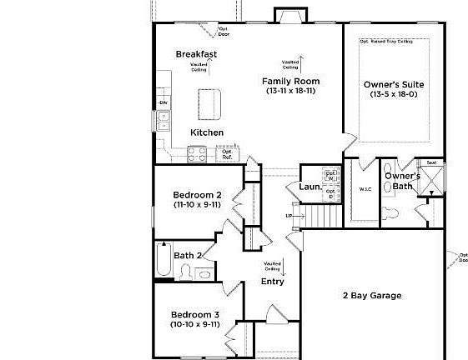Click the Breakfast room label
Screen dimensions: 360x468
(196, 54)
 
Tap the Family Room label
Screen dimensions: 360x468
(291, 81)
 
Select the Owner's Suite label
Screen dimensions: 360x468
(393, 84)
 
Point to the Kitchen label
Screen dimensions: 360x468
(207, 132)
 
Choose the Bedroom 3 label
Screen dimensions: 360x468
(194, 314)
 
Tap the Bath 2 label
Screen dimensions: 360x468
(189, 255)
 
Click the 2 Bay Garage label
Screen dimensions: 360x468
(372, 296)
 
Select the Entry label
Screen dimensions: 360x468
(273, 282)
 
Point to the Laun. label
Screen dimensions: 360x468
(310, 187)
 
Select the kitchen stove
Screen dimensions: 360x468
(198, 153)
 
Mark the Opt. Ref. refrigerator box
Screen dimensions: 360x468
(227, 154)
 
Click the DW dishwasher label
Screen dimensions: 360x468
(164, 102)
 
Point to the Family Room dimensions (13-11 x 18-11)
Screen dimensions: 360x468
(291, 91)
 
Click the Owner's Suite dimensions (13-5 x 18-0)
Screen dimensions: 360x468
(393, 94)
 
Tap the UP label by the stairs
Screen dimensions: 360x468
(289, 216)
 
